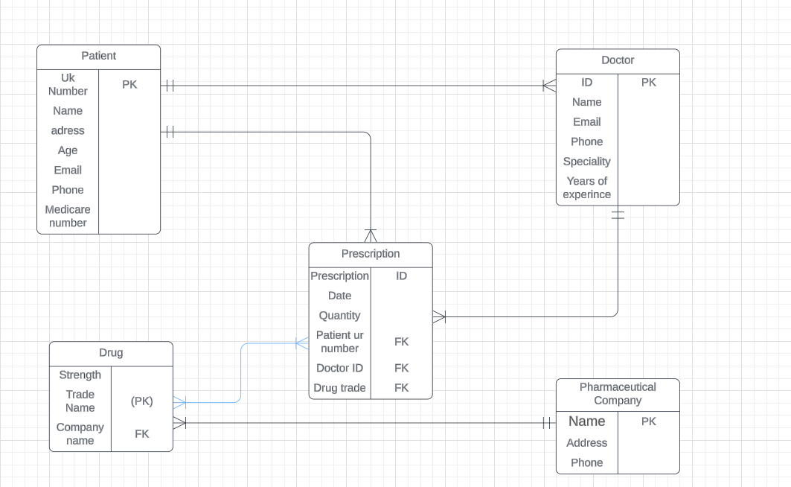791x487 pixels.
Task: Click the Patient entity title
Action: [98, 56]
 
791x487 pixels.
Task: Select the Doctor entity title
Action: [618, 60]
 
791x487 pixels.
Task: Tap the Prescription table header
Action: [371, 254]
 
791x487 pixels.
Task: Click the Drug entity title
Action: [111, 353]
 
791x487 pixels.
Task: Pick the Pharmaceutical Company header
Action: [618, 394]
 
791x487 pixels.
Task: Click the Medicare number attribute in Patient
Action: [68, 216]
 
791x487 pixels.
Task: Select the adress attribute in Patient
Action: [68, 130]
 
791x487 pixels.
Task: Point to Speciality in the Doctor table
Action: [586, 161]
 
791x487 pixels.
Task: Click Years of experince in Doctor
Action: [586, 188]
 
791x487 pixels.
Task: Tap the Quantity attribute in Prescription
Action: [339, 316]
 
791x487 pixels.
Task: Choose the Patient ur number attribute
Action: [339, 342]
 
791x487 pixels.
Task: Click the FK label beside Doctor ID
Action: [401, 368]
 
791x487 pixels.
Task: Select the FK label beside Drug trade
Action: [401, 388]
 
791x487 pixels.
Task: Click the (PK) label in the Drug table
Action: [141, 401]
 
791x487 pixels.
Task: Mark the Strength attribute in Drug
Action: [80, 375]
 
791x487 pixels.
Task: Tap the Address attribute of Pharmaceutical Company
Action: [586, 443]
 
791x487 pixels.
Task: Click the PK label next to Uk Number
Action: [129, 84]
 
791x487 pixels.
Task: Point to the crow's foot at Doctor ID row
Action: [549, 86]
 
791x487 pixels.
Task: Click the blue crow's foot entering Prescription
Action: [301, 343]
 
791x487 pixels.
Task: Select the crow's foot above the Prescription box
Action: [371, 235]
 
